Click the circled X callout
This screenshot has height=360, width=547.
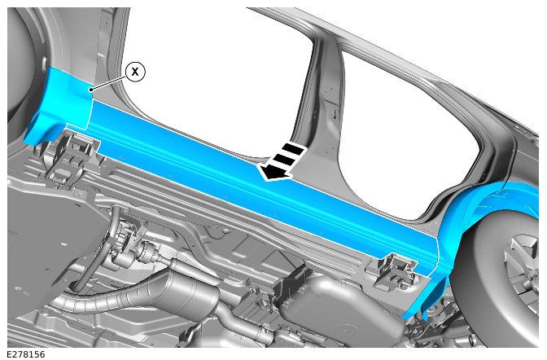(135, 72)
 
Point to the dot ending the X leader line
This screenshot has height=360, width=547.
(91, 90)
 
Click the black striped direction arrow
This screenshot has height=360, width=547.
(282, 161)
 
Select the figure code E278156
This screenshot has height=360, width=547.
(26, 354)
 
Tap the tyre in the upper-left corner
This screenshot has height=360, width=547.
(20, 63)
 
